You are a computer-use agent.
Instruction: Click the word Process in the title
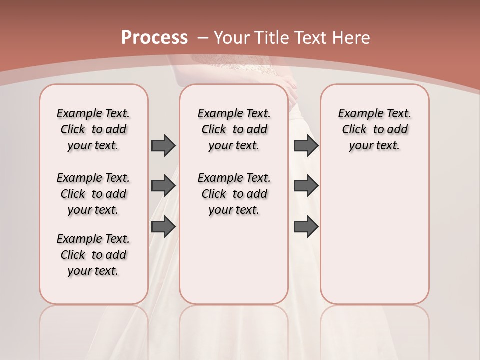[154, 37]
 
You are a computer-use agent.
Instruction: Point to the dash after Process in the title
[203, 38]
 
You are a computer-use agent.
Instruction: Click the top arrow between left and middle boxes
[163, 145]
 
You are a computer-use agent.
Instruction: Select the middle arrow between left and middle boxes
[163, 186]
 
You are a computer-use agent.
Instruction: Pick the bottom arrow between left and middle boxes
[163, 227]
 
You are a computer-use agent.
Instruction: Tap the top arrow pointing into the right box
[306, 145]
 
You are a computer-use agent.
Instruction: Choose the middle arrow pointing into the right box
[306, 186]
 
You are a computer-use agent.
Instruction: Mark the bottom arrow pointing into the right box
[306, 227]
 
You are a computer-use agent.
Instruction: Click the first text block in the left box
[93, 129]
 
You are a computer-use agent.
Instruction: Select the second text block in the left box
[93, 194]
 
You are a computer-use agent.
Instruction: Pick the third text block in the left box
[93, 255]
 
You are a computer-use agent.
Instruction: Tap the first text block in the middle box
[234, 129]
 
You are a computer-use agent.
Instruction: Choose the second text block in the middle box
[234, 194]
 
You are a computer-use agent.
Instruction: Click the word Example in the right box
[357, 114]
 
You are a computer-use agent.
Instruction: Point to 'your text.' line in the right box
[374, 146]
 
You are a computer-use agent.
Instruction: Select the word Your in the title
[232, 38]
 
